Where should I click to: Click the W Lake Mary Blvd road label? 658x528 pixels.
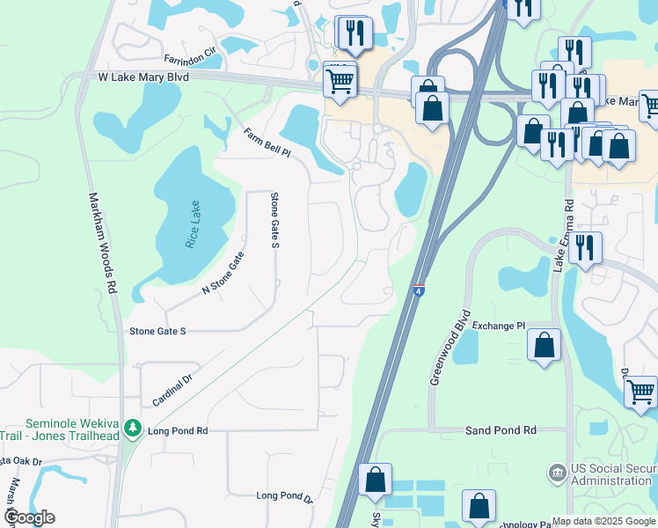[x=143, y=77]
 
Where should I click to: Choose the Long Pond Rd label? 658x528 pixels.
[x=178, y=430]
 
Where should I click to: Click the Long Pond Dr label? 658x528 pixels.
[x=284, y=496]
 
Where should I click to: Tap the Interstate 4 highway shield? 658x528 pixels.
[x=419, y=290]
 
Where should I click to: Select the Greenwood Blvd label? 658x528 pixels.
[x=450, y=347]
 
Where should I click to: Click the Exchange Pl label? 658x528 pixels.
[x=498, y=326]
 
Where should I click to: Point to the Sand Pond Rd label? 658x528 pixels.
[x=500, y=430]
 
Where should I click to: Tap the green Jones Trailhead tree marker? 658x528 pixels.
[x=133, y=429]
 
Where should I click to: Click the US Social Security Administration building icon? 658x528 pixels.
[x=556, y=473]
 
